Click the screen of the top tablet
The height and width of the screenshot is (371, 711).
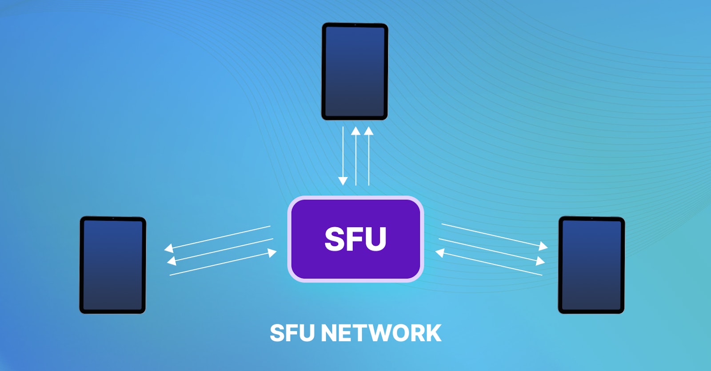[355, 71]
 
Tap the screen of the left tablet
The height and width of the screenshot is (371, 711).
[113, 265]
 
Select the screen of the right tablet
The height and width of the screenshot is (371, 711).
[591, 265]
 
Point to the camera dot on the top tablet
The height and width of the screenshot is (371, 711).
[355, 25]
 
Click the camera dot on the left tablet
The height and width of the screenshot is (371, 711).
[113, 219]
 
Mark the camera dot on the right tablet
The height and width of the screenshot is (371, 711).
[592, 219]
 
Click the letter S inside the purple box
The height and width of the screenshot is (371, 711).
[336, 239]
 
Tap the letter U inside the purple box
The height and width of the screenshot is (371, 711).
[375, 239]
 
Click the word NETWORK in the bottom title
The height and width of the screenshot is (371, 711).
[381, 333]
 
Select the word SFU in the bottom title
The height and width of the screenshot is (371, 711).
[292, 333]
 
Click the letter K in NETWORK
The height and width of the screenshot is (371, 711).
[432, 333]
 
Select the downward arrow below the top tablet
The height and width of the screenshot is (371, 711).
[343, 156]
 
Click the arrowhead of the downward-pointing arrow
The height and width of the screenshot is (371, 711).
[343, 181]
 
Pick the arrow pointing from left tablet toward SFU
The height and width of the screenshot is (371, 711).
[222, 264]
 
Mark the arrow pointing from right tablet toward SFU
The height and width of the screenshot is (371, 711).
[489, 264]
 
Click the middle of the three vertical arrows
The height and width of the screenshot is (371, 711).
[355, 156]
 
